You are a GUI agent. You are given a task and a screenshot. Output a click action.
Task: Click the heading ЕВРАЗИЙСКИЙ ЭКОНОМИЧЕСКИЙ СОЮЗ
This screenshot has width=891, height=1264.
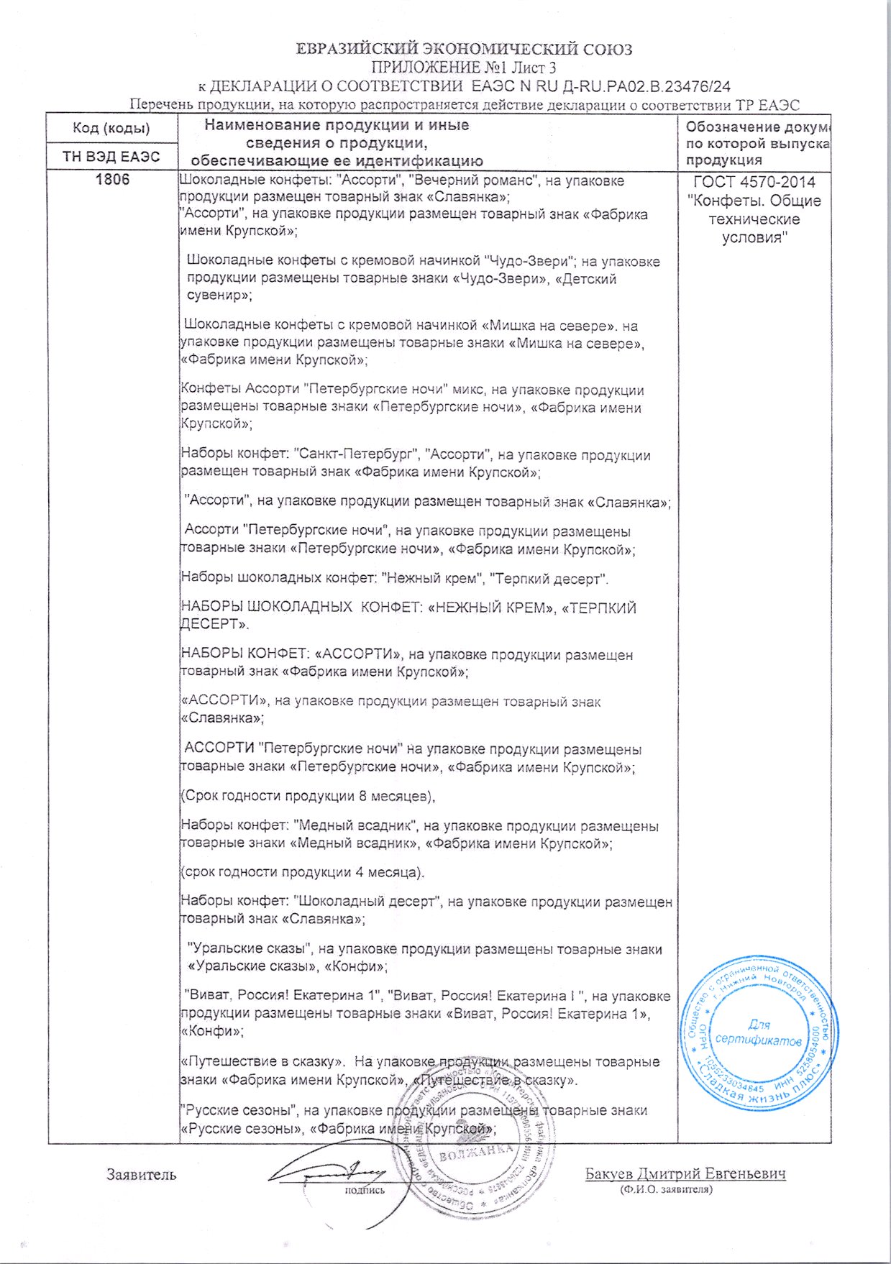pos(465,49)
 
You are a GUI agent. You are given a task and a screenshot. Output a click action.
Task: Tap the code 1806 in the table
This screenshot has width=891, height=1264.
pos(112,180)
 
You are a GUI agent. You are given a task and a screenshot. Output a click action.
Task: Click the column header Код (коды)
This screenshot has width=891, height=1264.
pos(111,129)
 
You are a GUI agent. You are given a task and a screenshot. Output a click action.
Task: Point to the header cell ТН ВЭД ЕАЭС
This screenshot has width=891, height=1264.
pos(111,157)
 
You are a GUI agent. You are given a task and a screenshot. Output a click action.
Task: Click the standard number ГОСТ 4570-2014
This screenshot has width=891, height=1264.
pos(754,183)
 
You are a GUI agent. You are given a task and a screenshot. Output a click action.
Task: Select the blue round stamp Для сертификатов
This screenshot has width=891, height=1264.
pos(758,1032)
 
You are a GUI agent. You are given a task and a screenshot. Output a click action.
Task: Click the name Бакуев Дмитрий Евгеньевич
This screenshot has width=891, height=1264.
pos(685,1173)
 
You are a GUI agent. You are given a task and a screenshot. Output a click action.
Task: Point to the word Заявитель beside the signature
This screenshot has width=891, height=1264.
pos(141,1175)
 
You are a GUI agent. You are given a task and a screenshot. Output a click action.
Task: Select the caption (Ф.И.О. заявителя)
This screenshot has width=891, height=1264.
pos(666,1189)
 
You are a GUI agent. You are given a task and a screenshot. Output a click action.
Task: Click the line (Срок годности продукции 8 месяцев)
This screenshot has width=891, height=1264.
pos(308,796)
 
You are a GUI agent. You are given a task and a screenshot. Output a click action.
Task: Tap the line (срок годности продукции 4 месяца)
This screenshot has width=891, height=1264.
pos(302,872)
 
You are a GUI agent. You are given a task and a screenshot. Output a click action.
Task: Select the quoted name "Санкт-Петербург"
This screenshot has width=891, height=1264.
pos(357,455)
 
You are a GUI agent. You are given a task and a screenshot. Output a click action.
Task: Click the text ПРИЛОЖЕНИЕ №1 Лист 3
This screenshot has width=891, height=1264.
pos(464,68)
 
